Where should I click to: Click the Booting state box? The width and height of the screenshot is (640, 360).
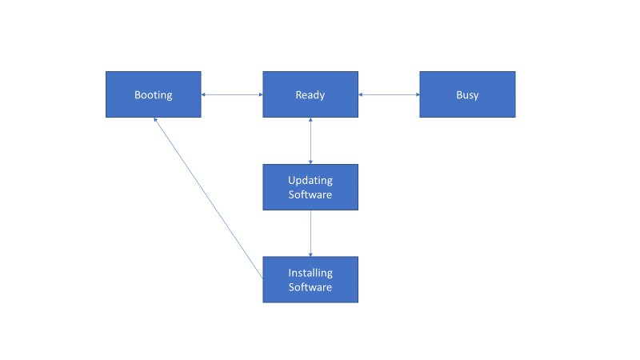click(153, 94)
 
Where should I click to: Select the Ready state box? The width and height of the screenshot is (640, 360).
click(310, 94)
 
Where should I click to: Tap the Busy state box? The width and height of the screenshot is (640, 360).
click(467, 94)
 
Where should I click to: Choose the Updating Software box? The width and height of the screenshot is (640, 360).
click(310, 187)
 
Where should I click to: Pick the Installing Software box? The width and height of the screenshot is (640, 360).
click(310, 279)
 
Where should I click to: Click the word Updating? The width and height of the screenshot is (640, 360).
click(310, 180)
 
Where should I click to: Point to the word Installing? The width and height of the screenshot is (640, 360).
click(310, 273)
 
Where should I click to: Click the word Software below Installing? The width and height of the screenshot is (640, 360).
click(310, 287)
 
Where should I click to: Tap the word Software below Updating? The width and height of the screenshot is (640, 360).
click(310, 194)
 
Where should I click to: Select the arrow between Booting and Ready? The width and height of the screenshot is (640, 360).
click(232, 94)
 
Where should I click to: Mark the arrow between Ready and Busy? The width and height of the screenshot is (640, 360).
click(389, 94)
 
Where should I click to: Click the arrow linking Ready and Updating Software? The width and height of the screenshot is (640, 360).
click(310, 141)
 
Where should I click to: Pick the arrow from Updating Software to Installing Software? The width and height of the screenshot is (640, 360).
click(310, 234)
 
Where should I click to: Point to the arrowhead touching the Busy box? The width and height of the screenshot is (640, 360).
click(416, 94)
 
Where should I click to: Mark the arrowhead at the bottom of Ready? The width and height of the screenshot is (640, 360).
click(310, 121)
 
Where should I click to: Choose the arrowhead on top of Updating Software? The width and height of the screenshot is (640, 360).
click(310, 161)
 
